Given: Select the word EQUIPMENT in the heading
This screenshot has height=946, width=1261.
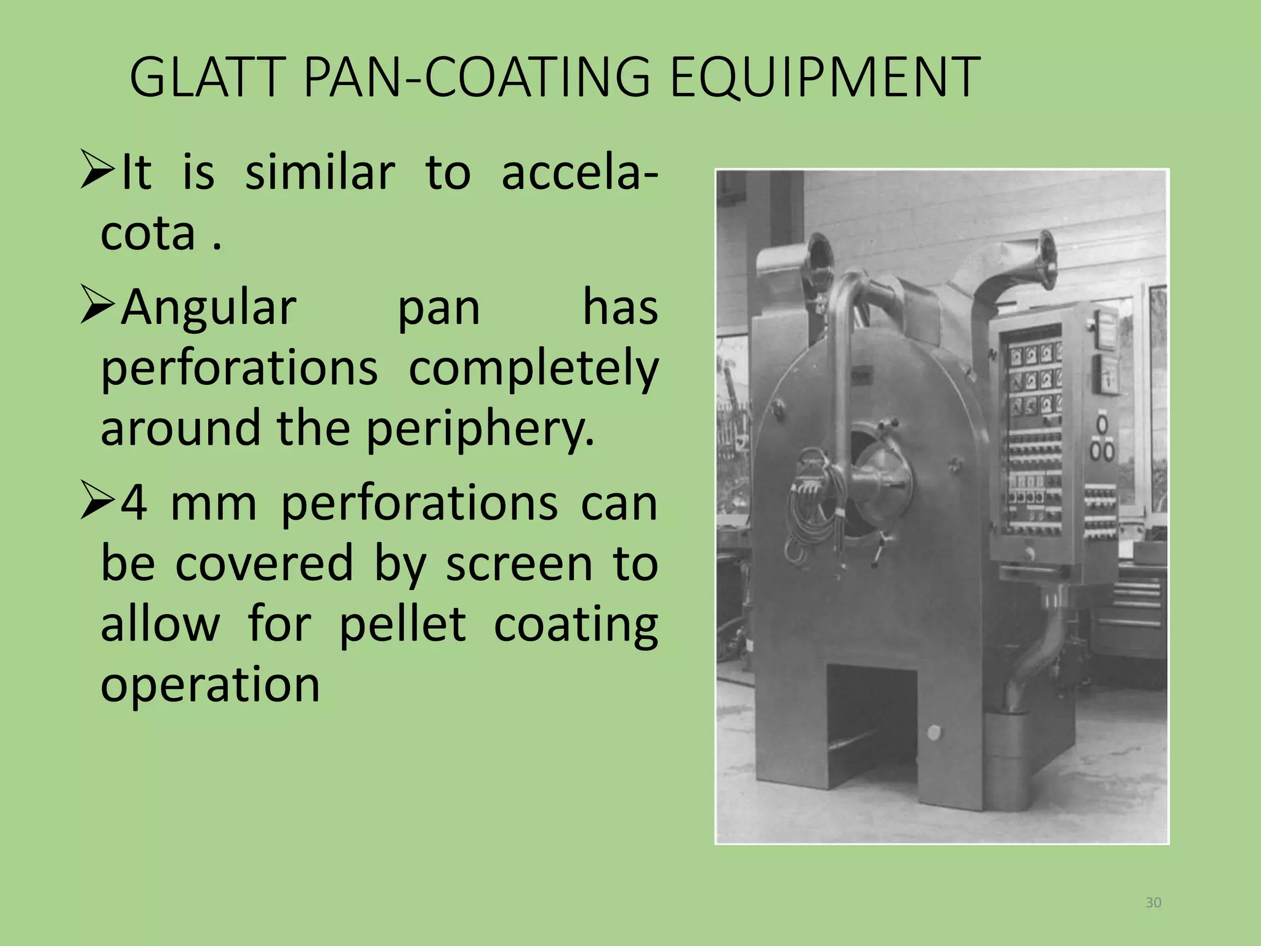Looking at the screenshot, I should click(x=824, y=78).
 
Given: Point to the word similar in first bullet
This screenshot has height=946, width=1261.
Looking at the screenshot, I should click(x=320, y=173).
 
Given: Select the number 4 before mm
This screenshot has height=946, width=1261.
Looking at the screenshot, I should click(x=134, y=503).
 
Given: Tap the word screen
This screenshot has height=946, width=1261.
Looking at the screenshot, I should click(x=518, y=564).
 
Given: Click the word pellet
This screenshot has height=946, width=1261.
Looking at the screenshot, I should click(x=402, y=624).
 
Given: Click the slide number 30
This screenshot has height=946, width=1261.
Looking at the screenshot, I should click(x=1153, y=903).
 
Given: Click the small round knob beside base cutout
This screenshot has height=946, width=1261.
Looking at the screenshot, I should click(x=933, y=733).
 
